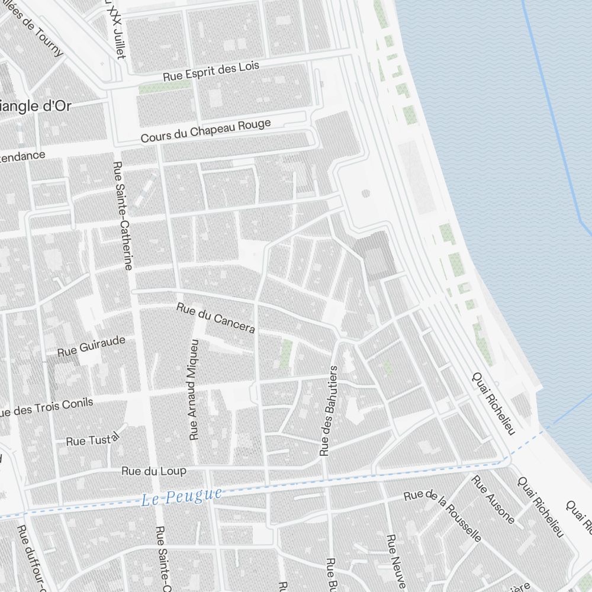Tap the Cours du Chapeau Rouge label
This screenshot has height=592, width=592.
(x=205, y=130)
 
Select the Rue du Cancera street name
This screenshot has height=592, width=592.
(x=215, y=317)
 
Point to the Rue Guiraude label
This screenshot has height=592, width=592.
(x=91, y=346)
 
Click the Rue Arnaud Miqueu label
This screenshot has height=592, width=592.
(x=194, y=389)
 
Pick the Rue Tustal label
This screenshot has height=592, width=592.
(x=92, y=439)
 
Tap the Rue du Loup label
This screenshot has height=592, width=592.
(x=153, y=471)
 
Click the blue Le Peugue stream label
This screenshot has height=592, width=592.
(x=182, y=496)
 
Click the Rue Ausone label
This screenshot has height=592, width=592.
(x=493, y=498)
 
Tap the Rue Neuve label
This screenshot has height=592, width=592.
(x=393, y=559)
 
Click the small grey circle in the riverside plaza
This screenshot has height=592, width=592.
(x=365, y=193)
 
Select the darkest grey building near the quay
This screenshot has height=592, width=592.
(x=375, y=255)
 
